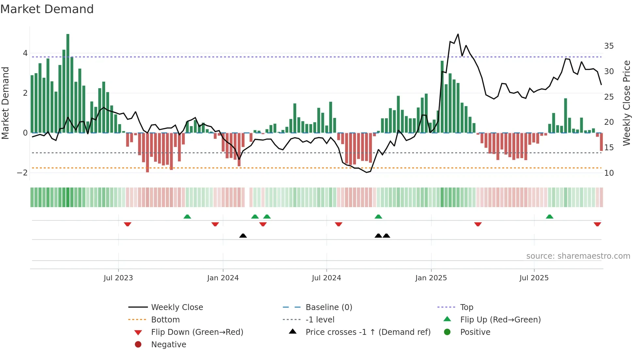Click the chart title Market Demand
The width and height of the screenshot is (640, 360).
pyautogui.click(x=47, y=9)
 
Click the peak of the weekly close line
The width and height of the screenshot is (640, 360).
pyautogui.click(x=458, y=34)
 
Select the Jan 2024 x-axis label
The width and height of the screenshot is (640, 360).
pyautogui.click(x=223, y=278)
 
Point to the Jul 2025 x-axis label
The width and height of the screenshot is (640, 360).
pyautogui.click(x=534, y=278)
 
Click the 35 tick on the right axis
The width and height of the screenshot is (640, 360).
pyautogui.click(x=609, y=46)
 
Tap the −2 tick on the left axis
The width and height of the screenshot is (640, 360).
pyautogui.click(x=22, y=173)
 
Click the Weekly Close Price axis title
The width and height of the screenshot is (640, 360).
pyautogui.click(x=626, y=103)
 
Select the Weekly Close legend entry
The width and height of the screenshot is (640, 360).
pyautogui.click(x=177, y=307)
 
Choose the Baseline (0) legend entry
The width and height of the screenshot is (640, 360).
pyautogui.click(x=328, y=307)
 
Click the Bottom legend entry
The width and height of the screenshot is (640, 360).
pyautogui.click(x=165, y=320)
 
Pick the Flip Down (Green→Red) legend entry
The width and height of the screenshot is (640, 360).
pyautogui.click(x=197, y=332)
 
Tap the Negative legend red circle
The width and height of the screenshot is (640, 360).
pyautogui.click(x=138, y=344)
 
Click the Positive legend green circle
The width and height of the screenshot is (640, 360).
pyautogui.click(x=447, y=332)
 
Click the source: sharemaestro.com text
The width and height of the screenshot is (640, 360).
pyautogui.click(x=578, y=256)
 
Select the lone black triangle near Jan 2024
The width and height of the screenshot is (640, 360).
pyautogui.click(x=243, y=236)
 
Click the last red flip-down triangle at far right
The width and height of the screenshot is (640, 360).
pyautogui.click(x=597, y=224)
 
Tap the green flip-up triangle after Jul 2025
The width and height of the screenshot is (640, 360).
pyautogui.click(x=550, y=217)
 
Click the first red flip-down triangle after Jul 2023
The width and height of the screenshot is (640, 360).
pyautogui.click(x=128, y=224)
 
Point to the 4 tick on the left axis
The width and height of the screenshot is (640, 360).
pyautogui.click(x=25, y=53)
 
